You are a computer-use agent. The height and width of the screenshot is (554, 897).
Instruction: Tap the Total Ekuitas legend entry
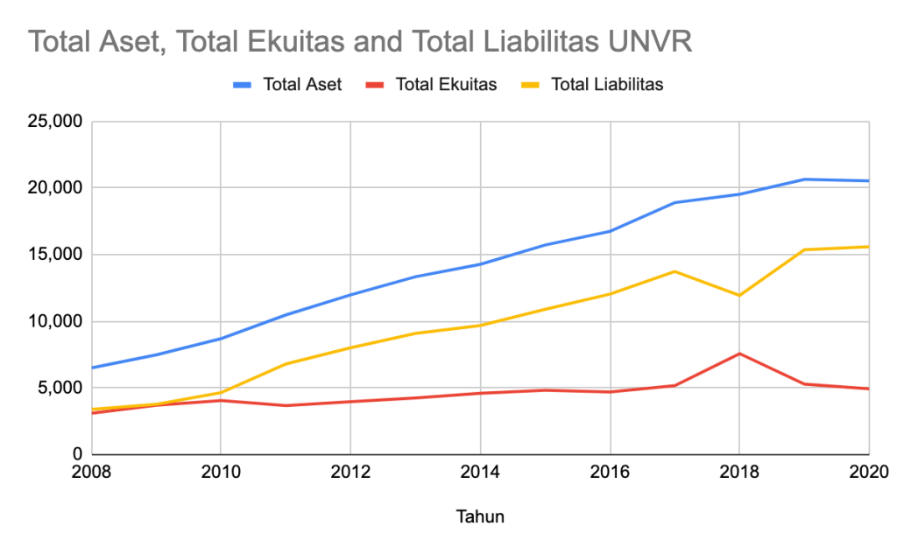pos(446,85)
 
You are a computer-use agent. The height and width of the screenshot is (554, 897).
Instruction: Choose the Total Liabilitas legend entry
pos(606,85)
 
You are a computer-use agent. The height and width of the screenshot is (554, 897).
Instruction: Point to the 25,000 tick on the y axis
pos(54,122)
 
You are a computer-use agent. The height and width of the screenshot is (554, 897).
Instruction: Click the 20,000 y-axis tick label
pos(54,188)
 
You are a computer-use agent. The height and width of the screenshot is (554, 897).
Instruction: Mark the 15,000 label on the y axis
pos(54,255)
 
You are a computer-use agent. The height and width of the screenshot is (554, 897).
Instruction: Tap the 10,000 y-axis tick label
pos(54,321)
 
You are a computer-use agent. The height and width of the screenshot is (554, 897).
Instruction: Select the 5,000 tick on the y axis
pos(59,388)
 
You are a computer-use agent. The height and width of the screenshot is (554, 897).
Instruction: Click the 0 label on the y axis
pos(77,454)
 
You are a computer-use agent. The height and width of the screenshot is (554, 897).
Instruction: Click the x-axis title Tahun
pos(480,516)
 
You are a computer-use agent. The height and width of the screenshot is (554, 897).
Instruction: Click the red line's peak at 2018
pos(739,354)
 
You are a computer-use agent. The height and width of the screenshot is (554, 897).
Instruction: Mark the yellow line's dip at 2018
pos(739,295)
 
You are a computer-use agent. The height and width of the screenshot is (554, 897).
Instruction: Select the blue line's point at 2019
pos(804,179)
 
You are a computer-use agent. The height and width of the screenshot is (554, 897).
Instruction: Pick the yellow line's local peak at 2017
pos(675,271)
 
